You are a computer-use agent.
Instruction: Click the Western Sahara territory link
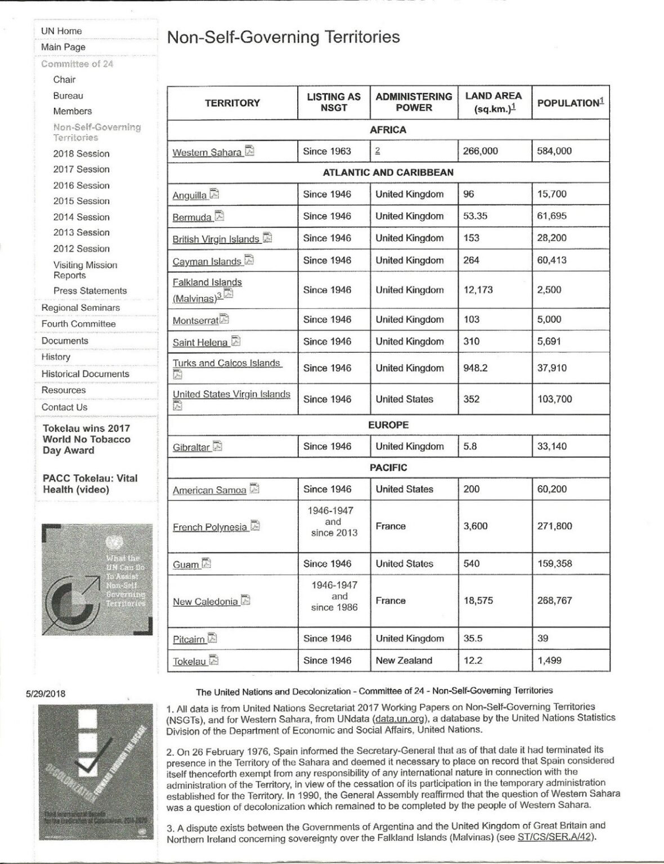[207, 152]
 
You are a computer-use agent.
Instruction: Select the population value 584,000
[554, 151]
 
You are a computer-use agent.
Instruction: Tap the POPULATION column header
[570, 102]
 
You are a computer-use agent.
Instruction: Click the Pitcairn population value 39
[542, 638]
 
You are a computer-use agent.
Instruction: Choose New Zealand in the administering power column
[403, 660]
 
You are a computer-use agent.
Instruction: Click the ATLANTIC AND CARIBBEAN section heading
[388, 172]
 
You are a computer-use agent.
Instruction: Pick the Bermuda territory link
[192, 217]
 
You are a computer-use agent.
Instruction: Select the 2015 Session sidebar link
[81, 201]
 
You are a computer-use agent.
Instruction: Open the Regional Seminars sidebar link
[80, 308]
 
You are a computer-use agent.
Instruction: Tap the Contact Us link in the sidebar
[64, 407]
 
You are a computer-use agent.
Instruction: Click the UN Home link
[61, 31]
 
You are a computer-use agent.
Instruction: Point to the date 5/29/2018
[46, 694]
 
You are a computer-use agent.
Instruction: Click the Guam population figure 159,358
[554, 563]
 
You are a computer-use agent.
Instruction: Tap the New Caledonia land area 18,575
[478, 600]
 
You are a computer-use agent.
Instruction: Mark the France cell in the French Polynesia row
[390, 526]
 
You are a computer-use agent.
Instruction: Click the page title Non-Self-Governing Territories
[283, 37]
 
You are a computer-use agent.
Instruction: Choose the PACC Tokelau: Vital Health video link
[90, 484]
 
